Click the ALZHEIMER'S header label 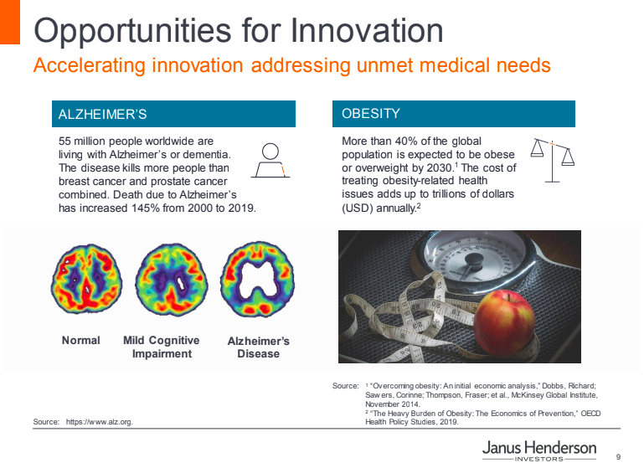pos(102,114)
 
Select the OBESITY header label pos(370,113)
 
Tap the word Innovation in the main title pos(367,30)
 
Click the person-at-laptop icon pos(270,161)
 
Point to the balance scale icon pos(553,160)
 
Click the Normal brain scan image pos(86,279)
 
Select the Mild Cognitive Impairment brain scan pos(172,280)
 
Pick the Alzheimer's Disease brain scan pos(258,279)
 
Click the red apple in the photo pos(504,322)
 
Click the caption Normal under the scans pos(81,341)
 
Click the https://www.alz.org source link pos(100,422)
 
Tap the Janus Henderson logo pos(539,450)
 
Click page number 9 pos(619,457)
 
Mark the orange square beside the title pos(10,22)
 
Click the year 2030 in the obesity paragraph pos(440,168)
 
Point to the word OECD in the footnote pos(590,413)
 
